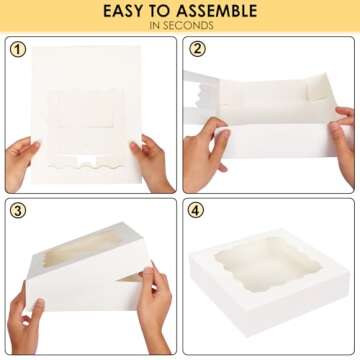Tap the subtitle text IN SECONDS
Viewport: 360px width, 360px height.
(x=180, y=27)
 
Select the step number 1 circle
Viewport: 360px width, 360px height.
(x=17, y=49)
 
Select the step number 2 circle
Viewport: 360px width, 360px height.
(x=197, y=49)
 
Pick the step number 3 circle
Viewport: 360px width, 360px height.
(x=17, y=211)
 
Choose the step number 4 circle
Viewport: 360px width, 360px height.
(x=197, y=211)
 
